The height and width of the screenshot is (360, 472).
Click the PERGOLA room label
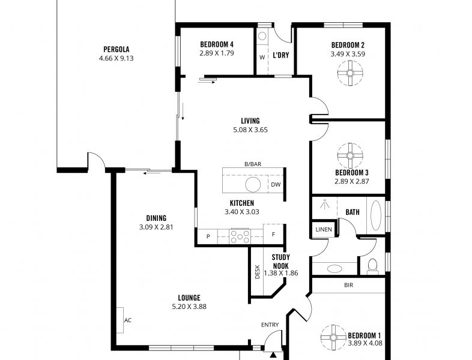(x=116, y=49)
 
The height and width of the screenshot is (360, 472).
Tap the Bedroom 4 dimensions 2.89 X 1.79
(x=216, y=53)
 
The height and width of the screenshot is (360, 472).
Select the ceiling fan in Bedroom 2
(x=350, y=73)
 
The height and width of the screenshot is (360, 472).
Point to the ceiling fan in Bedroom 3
(x=350, y=155)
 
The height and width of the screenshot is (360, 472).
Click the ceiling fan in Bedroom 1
(x=333, y=337)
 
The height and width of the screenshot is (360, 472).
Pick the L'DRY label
(x=281, y=55)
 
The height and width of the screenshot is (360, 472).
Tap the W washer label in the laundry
(x=262, y=57)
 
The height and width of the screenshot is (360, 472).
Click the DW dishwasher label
(x=276, y=184)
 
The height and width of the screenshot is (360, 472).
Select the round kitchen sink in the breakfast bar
(x=253, y=184)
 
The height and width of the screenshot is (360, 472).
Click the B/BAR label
(x=253, y=164)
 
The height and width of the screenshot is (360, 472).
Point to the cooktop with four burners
(x=240, y=236)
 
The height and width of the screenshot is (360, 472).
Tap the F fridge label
(x=273, y=234)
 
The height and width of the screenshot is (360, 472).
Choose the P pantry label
(x=208, y=236)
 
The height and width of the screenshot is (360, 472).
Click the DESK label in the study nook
(x=258, y=272)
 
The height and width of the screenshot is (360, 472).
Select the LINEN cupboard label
(x=324, y=229)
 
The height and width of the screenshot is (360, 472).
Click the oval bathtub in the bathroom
(x=376, y=215)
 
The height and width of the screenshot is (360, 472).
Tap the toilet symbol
(x=373, y=267)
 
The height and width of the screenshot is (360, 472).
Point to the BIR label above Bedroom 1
(x=348, y=285)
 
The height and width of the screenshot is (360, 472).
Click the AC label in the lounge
(x=128, y=320)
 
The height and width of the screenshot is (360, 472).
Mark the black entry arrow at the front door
(x=273, y=355)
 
